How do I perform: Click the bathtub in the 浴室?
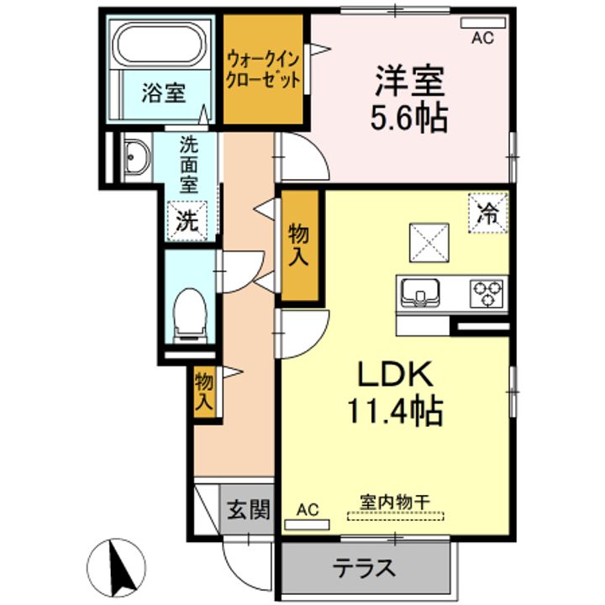pos(160,45)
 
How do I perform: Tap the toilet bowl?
pos(189,313)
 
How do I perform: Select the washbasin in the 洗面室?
pos(136,157)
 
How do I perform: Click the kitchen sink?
pos(420,292)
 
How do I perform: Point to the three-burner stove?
pos(487,293)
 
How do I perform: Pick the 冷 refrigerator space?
pos(488,213)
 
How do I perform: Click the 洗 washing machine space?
pos(187,221)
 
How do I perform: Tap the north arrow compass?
pos(117,567)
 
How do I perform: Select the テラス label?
pos(364,568)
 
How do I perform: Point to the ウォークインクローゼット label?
pos(264,71)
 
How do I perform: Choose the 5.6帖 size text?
pos(409,118)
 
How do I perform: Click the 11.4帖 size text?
pos(395,411)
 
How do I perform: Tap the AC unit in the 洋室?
pos(483,23)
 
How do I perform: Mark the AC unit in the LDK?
pos(308,524)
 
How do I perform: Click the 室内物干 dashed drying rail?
pos(396,516)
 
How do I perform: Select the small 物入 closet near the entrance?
pos(204,392)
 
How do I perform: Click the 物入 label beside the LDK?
pos(298,245)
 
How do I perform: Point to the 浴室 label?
pos(164,93)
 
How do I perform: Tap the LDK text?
pos(395,374)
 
